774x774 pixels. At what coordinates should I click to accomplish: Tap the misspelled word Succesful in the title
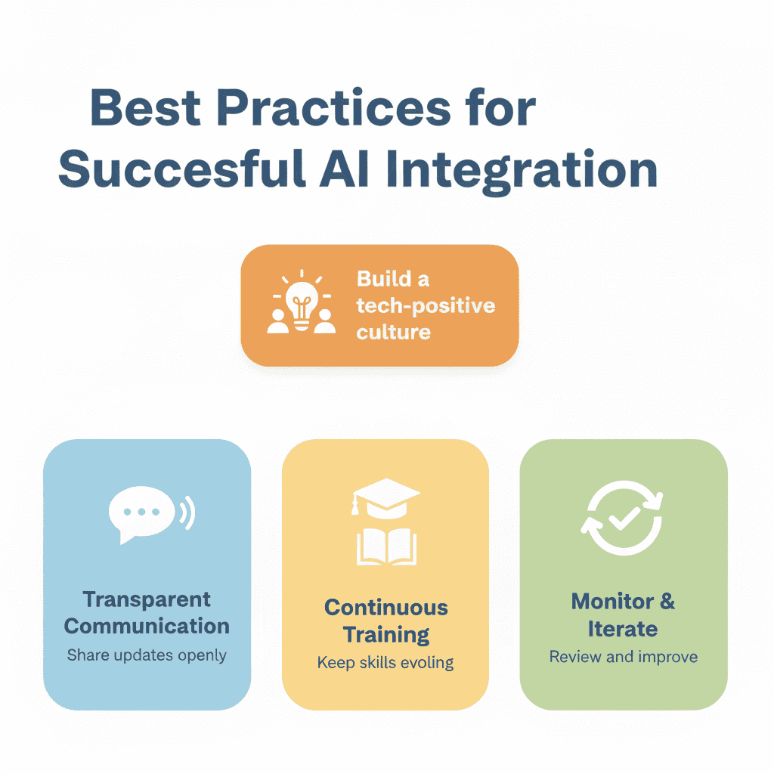coord(181,170)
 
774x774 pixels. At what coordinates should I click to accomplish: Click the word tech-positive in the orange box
coord(426,305)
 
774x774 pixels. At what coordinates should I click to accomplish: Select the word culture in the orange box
coord(394,331)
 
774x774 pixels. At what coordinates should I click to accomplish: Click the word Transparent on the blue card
coord(147,599)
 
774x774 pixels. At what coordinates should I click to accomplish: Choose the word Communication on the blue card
coord(147,626)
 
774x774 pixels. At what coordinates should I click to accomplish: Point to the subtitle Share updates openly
coord(147,655)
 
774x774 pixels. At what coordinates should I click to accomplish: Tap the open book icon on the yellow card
coord(385,546)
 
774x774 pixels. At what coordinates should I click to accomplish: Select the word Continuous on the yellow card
coord(385,608)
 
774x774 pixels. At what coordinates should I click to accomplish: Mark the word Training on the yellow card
coord(385,634)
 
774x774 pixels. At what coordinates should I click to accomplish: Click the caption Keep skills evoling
coord(385,663)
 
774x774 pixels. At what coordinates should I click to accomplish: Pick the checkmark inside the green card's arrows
coord(624,519)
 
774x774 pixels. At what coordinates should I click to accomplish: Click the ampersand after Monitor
coord(667,602)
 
